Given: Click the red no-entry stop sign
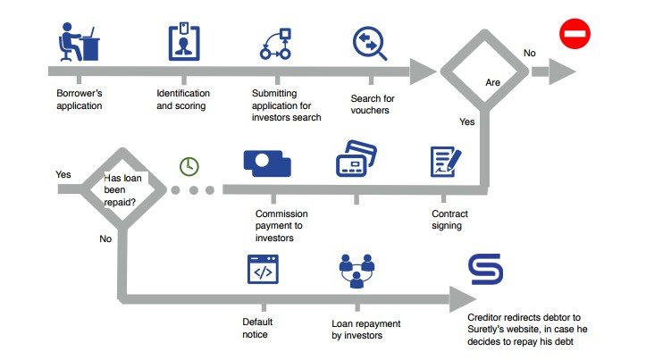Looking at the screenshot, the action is pyautogui.click(x=575, y=33).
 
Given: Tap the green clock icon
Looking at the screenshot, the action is pyautogui.click(x=189, y=166).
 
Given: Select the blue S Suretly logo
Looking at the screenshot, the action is pyautogui.click(x=485, y=269).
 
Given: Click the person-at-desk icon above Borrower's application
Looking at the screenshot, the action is pyautogui.click(x=79, y=42).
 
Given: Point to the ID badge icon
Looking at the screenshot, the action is pyautogui.click(x=184, y=42).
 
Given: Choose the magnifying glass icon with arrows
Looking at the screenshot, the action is pyautogui.click(x=370, y=43).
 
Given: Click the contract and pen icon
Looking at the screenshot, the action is pyautogui.click(x=446, y=162).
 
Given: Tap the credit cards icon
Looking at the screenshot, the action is pyautogui.click(x=357, y=159).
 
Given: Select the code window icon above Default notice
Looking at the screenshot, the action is pyautogui.click(x=263, y=270).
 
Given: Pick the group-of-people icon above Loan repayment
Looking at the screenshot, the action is pyautogui.click(x=357, y=271).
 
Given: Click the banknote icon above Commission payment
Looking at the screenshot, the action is pyautogui.click(x=267, y=163).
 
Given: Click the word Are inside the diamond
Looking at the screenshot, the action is pyautogui.click(x=492, y=82).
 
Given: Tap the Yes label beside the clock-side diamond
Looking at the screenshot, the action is pyautogui.click(x=63, y=174).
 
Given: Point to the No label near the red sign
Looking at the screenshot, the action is pyautogui.click(x=530, y=53).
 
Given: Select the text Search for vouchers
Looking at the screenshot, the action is pyautogui.click(x=373, y=105).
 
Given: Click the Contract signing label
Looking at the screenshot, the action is pyautogui.click(x=449, y=220).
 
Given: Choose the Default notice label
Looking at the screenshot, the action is pyautogui.click(x=257, y=328).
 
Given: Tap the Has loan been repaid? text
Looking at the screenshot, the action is pyautogui.click(x=122, y=190).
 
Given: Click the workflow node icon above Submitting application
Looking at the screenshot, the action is pyautogui.click(x=275, y=44).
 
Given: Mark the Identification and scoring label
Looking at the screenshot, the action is pyautogui.click(x=183, y=99).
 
